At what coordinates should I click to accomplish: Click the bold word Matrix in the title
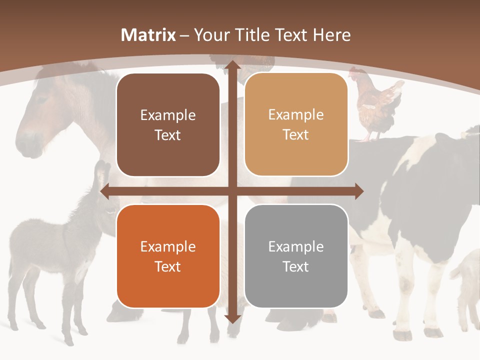coord(148,35)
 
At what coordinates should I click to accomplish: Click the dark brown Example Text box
coord(168,125)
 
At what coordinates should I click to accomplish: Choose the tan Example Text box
coord(296,124)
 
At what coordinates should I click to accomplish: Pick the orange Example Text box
coord(168,256)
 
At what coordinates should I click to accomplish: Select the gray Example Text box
coord(296,256)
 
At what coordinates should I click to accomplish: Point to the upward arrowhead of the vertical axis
coord(232,66)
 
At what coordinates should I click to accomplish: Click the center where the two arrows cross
coord(232,191)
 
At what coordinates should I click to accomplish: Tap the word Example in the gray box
coord(296,246)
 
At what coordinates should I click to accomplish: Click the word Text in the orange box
coord(168,266)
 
